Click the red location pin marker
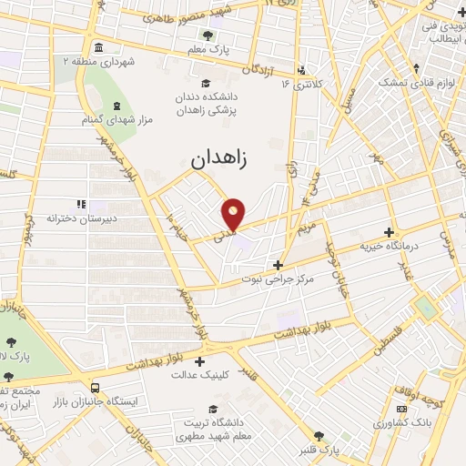coord(235,213)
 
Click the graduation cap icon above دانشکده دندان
coord(208,79)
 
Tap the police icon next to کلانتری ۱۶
coord(301,68)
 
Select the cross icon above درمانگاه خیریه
coord(390,232)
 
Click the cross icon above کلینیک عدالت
coord(199,360)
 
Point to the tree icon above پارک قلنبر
coord(319,436)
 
